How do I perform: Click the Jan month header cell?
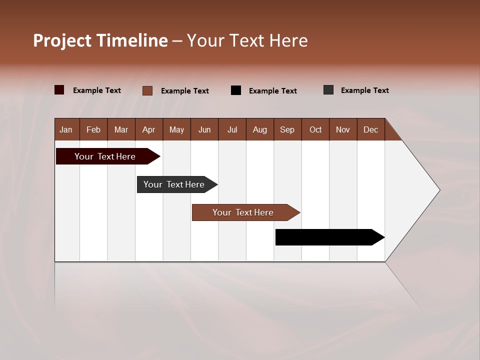tap(66, 129)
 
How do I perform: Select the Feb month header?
tap(93, 129)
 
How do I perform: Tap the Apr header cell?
tap(149, 129)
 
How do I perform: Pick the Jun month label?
tap(204, 129)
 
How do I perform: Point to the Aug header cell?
tap(260, 129)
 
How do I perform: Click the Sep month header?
tap(287, 129)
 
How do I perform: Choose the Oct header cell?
tap(315, 129)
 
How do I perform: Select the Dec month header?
tap(371, 129)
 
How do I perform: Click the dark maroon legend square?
tap(59, 90)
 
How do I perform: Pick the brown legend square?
tap(147, 90)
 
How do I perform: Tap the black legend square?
tap(236, 90)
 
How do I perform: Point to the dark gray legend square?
tap(328, 90)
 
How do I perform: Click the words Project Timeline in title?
tap(100, 40)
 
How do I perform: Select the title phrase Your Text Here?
tap(247, 40)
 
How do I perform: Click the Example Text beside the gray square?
tap(364, 90)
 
